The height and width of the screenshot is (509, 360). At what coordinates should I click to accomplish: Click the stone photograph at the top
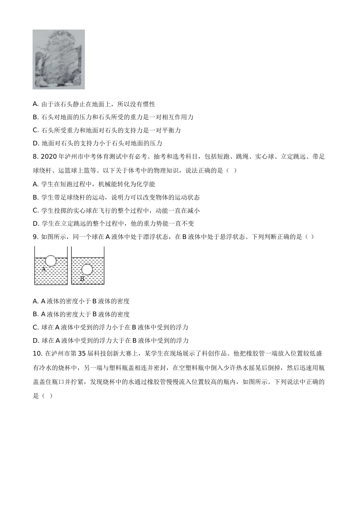[59, 59]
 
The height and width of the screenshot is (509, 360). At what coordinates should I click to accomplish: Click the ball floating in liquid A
[51, 261]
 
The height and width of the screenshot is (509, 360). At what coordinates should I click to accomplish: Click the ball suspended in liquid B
[87, 269]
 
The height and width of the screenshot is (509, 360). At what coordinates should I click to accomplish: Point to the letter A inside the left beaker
[44, 269]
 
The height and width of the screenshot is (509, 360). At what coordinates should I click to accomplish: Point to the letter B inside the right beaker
[82, 279]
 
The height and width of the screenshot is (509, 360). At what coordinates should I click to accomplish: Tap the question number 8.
[35, 156]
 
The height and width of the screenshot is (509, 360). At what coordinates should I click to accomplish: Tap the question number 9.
[35, 237]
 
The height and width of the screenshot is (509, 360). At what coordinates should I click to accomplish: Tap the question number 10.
[37, 354]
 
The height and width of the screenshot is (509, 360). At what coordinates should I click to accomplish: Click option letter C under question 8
[36, 211]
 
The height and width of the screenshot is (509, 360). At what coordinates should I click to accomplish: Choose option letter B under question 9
[36, 314]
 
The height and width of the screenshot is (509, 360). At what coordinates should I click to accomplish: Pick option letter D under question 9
[36, 340]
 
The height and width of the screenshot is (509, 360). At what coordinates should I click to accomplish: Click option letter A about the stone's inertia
[36, 104]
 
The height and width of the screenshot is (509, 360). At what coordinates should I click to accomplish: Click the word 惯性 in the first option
[149, 104]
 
